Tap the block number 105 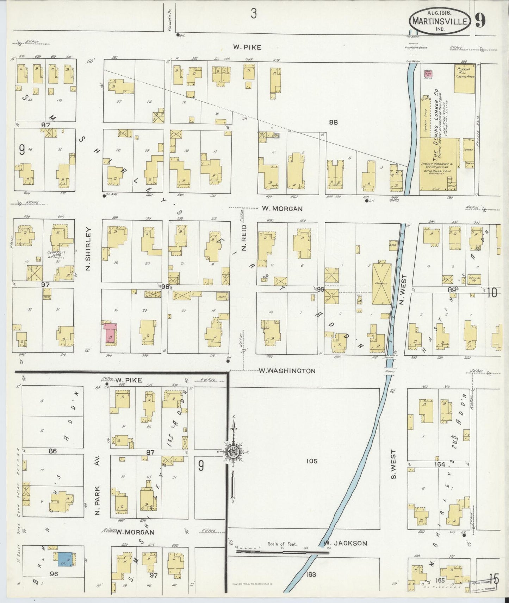click(312, 461)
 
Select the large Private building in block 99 click(381, 284)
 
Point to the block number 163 click(311, 575)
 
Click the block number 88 click(333, 122)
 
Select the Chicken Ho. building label click(474, 279)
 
